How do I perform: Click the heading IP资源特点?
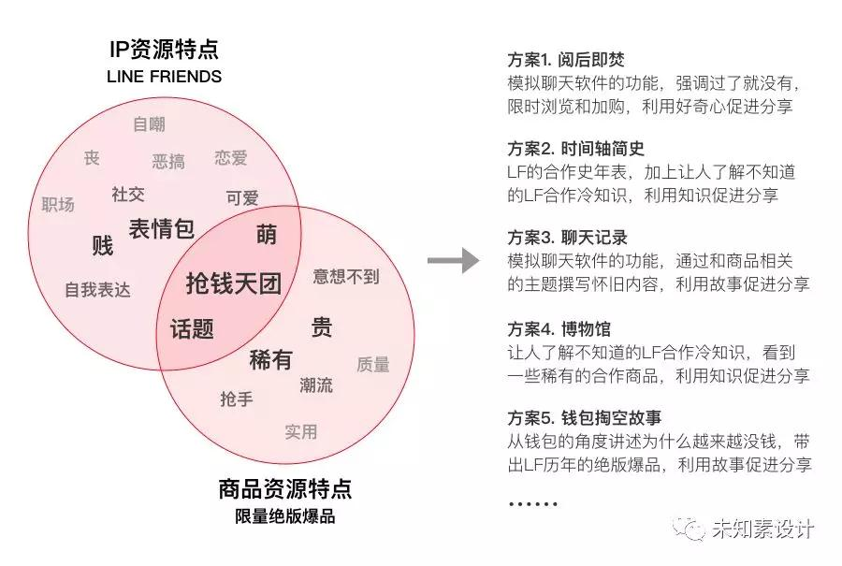164,49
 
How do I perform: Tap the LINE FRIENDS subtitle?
164,77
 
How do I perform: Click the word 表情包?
161,228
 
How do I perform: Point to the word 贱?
103,246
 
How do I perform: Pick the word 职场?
58,204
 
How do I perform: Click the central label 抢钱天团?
234,283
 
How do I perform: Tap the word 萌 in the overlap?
267,235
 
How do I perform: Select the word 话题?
192,328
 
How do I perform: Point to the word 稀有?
270,359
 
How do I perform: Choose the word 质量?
373,365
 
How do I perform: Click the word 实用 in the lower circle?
301,431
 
